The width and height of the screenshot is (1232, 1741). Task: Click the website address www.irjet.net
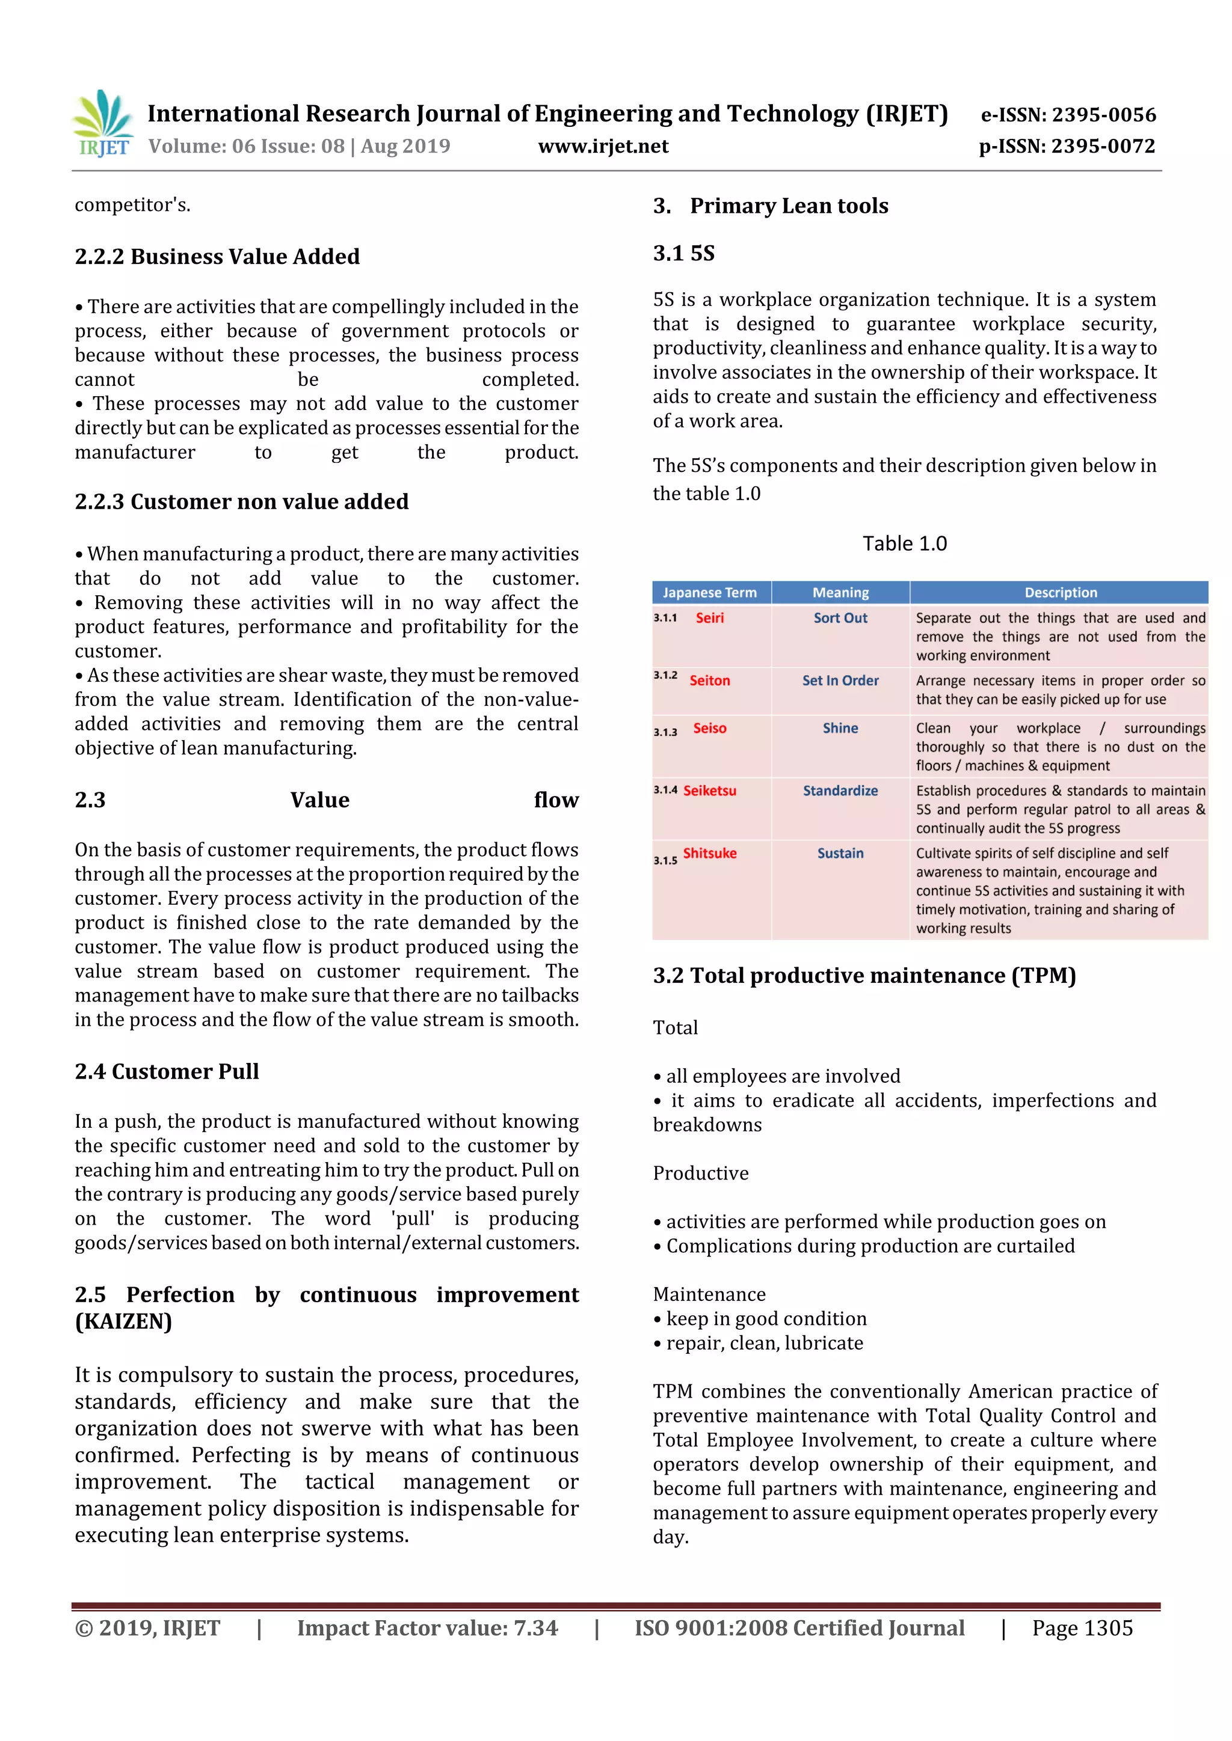coord(603,145)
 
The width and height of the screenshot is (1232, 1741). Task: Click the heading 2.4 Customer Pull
coord(167,1071)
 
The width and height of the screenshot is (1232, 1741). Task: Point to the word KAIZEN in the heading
coord(124,1321)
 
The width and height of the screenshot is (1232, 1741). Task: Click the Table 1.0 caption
coord(904,543)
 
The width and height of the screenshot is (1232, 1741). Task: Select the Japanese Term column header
coord(709,592)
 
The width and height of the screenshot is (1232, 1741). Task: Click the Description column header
coord(1060,592)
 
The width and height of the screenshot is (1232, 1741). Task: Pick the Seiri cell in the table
coord(709,617)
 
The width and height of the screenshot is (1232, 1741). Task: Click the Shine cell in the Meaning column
coord(840,728)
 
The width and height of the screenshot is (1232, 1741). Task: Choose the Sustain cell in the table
coord(840,853)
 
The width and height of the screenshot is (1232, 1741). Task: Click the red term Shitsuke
coord(709,853)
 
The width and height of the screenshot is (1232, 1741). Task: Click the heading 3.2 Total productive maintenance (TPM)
coord(864,975)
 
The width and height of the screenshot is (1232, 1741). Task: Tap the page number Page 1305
coord(1082,1628)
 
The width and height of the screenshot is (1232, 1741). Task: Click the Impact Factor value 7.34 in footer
coord(427,1628)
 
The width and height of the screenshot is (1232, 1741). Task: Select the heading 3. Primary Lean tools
coord(771,206)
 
